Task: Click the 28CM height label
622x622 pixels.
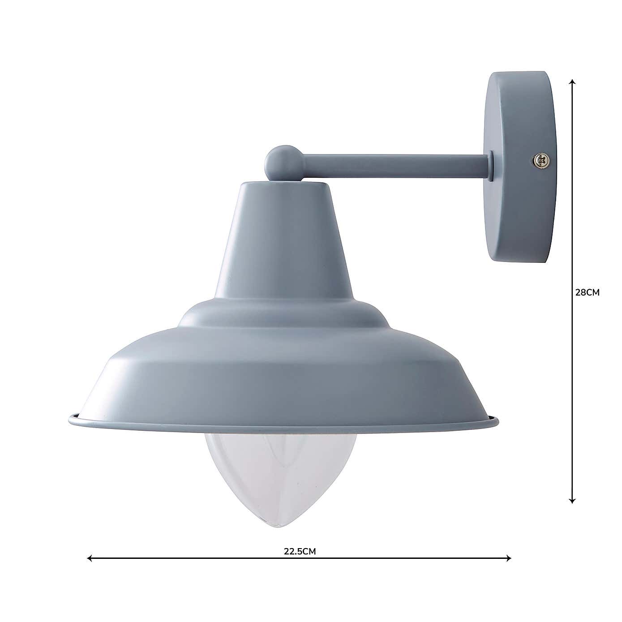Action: point(587,292)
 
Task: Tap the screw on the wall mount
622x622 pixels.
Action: point(541,160)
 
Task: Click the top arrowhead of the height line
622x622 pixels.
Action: point(572,82)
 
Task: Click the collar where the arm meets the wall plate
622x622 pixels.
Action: point(491,166)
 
